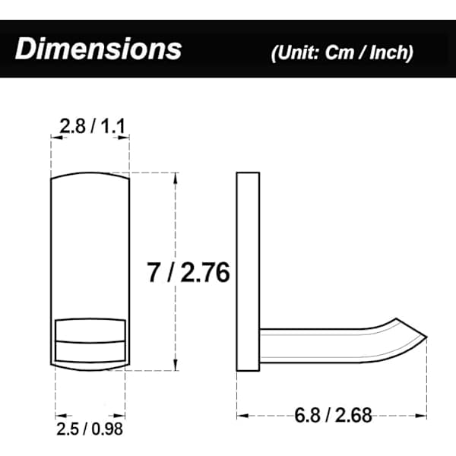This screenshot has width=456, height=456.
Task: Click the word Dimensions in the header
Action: pos(98,49)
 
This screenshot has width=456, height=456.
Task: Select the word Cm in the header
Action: pos(340,52)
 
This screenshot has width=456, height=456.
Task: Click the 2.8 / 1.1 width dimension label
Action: pos(92,126)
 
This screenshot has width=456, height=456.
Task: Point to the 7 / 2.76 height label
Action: pos(188,273)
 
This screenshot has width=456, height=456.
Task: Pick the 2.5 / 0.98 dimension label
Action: pos(90,429)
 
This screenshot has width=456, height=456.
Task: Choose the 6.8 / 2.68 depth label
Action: pos(333,415)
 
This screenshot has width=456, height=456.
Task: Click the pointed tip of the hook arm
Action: pos(426,337)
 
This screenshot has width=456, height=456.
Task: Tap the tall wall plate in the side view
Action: pos(248,271)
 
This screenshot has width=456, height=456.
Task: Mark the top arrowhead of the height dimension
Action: pos(176,177)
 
